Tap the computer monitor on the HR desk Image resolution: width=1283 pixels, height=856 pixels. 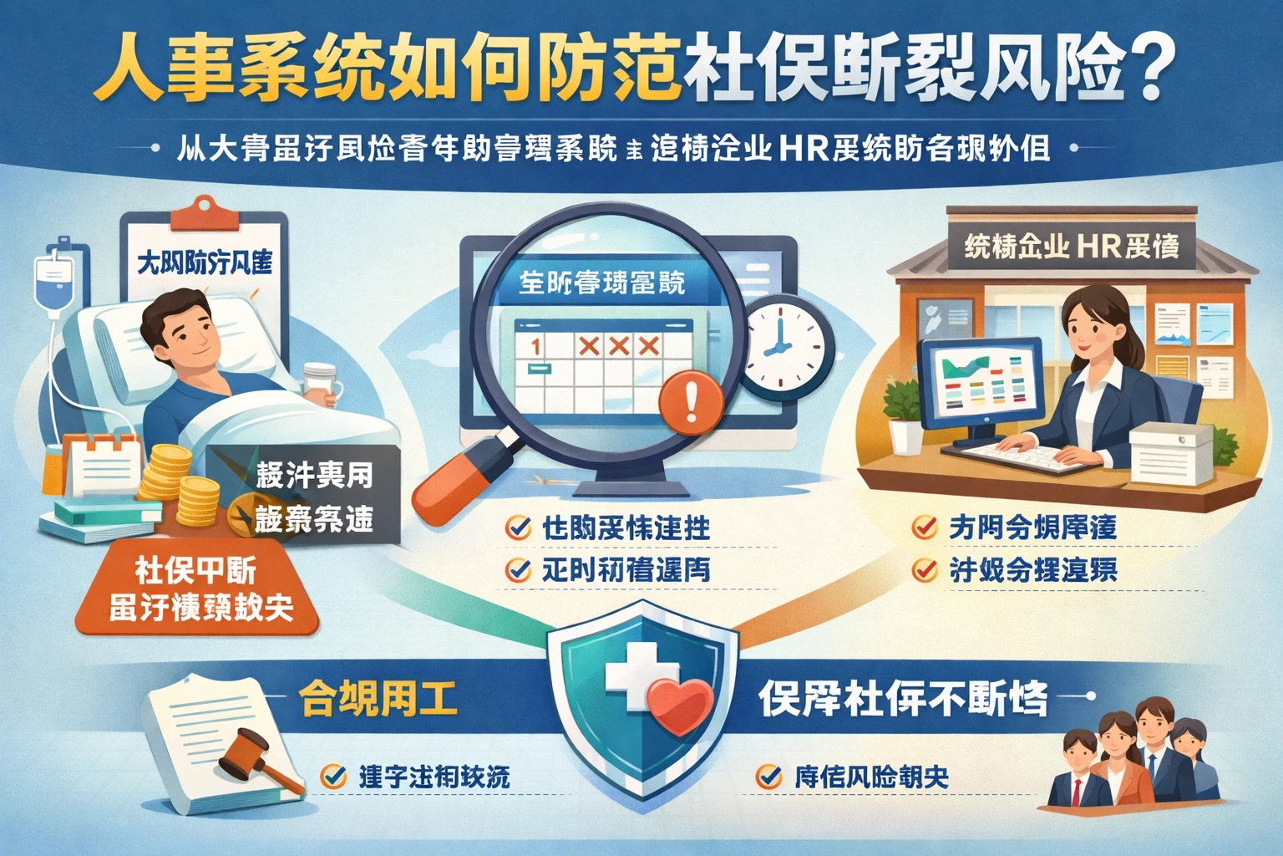pyautogui.click(x=979, y=384)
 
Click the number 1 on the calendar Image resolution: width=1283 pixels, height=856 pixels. pyautogui.click(x=535, y=344)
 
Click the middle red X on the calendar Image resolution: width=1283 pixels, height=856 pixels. pyautogui.click(x=619, y=345)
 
